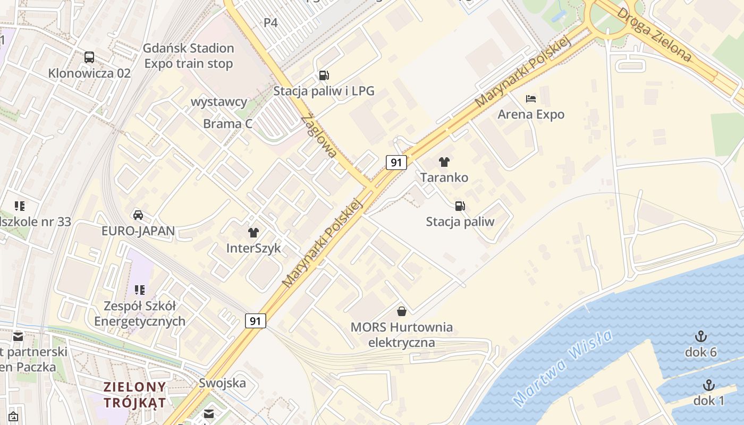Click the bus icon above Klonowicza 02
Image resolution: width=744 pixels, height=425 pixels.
point(89,57)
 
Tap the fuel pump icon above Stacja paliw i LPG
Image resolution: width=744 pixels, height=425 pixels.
point(324,75)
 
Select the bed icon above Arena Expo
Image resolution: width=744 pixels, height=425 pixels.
point(530,98)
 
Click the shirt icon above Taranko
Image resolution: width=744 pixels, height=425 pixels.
point(444,161)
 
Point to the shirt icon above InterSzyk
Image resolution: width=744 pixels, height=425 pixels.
point(253,232)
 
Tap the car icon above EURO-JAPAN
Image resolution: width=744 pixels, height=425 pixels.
point(138,215)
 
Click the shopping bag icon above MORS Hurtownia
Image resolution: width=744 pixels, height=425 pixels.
point(402,311)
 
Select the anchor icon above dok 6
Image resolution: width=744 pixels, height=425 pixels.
point(701,336)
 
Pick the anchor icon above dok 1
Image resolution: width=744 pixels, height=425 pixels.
point(708,385)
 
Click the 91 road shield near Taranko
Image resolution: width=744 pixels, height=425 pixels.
point(396,162)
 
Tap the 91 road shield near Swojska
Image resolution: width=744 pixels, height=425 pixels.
point(256,320)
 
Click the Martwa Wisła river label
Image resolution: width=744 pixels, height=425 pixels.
point(563,368)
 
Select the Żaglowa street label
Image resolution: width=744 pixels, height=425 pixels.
point(319,136)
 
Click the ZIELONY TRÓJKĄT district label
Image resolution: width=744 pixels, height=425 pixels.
point(135,394)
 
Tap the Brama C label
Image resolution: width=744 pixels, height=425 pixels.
point(227,124)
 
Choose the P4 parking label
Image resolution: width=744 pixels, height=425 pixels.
point(271,22)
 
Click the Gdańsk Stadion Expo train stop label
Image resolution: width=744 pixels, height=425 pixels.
point(189,56)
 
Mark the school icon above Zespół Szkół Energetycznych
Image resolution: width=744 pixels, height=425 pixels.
point(140,290)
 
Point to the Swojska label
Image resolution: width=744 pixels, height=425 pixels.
point(222,382)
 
